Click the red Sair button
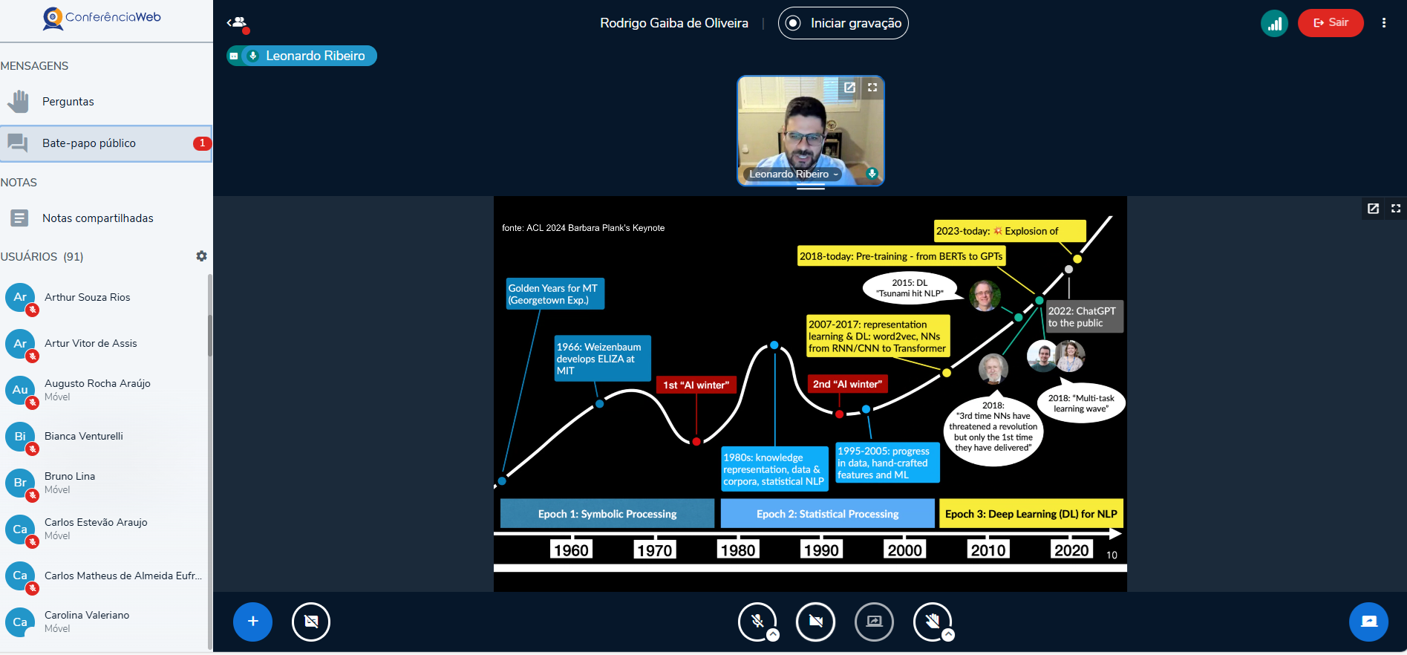[x=1331, y=23]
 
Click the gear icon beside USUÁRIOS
[x=201, y=256]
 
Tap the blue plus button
[x=252, y=622]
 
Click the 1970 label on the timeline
[x=654, y=550]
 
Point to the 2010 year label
[x=988, y=550]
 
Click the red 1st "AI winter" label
[x=696, y=385]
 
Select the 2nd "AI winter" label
[x=847, y=384]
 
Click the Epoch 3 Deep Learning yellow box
[x=1031, y=514]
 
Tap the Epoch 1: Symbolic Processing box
[x=607, y=514]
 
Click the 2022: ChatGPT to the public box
[x=1083, y=317]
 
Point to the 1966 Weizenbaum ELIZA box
[x=603, y=359]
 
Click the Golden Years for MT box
[x=555, y=294]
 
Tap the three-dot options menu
[x=1384, y=23]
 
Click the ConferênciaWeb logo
[x=102, y=18]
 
